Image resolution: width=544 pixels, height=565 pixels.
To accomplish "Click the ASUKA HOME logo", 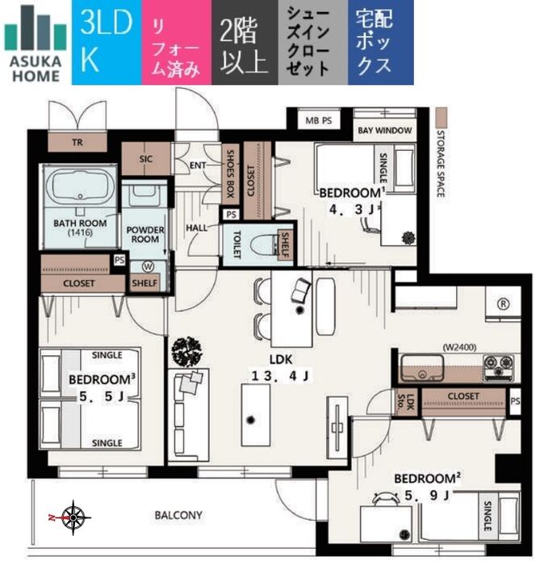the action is [x=36, y=44].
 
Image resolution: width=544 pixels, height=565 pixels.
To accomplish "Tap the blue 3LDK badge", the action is [x=107, y=43].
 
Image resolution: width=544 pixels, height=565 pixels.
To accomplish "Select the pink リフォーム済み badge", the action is [x=177, y=43].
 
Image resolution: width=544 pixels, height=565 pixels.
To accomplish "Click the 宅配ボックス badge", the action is [x=381, y=43].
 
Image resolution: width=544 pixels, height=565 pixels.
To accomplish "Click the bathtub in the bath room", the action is [x=80, y=187].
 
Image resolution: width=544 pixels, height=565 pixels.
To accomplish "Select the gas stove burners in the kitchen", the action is [x=498, y=367].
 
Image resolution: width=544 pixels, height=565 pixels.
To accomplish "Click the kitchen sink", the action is [x=422, y=367].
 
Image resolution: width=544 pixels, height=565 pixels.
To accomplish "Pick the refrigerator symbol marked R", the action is [x=503, y=303].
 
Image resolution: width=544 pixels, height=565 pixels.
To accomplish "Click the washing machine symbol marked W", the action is [x=148, y=266].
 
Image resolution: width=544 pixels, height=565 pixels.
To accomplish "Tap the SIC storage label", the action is [x=145, y=159].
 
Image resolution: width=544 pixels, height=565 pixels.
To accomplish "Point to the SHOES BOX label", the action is [x=231, y=174].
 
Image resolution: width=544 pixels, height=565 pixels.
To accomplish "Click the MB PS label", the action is [x=319, y=120].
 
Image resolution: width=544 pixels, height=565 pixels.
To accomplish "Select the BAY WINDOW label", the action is [x=385, y=131].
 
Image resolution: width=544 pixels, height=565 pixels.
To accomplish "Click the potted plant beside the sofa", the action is [x=186, y=351].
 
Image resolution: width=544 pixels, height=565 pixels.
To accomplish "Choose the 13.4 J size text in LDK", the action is [x=280, y=376].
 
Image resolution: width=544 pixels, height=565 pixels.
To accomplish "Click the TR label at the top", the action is [x=77, y=143].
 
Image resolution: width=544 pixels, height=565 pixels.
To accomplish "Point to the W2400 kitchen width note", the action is [x=459, y=347].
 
